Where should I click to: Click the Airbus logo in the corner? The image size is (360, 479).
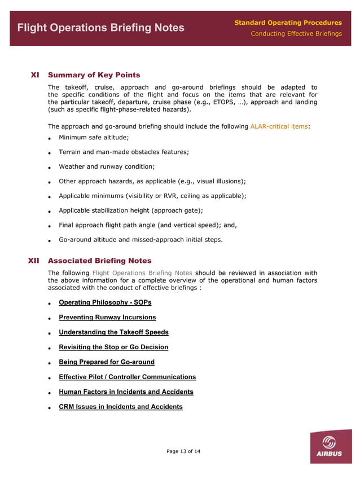coord(330,446)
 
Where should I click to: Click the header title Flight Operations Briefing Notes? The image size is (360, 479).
coord(100,28)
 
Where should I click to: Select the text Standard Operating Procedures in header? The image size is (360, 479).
coord(288,23)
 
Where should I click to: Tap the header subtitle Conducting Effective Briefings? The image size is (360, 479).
coord(296,34)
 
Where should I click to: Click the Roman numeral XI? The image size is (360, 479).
coord(34,74)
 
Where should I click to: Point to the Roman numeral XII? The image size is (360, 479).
coord(33,261)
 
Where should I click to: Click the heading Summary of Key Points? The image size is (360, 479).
coord(94,74)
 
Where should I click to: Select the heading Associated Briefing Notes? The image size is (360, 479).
coord(99,261)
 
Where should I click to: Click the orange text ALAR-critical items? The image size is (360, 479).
coord(279,126)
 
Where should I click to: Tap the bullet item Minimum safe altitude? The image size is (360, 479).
coord(94,137)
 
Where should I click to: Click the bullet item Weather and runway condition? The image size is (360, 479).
coord(107,166)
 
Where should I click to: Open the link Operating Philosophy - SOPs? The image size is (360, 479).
coord(105,302)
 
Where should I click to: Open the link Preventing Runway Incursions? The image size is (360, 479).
coord(107,317)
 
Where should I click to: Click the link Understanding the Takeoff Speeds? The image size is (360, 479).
coord(113,332)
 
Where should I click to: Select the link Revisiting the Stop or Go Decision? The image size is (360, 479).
coord(113,347)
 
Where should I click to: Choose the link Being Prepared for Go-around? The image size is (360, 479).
coord(107,362)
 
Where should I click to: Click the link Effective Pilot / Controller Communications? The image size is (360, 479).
coord(127,377)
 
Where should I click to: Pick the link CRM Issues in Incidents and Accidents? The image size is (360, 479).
coord(121,407)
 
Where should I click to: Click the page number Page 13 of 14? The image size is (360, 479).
coord(183,451)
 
